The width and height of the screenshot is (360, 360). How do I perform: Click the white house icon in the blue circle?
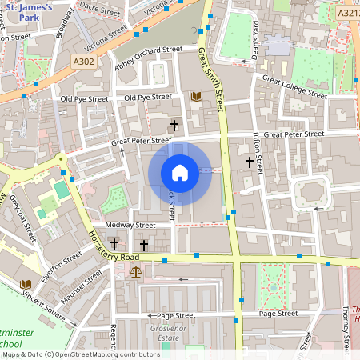180,173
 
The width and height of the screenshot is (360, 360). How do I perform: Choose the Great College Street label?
294,86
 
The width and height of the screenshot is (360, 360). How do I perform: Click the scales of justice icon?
134,272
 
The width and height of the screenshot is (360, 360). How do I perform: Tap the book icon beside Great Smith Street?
197,97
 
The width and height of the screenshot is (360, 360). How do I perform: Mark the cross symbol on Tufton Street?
249,162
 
